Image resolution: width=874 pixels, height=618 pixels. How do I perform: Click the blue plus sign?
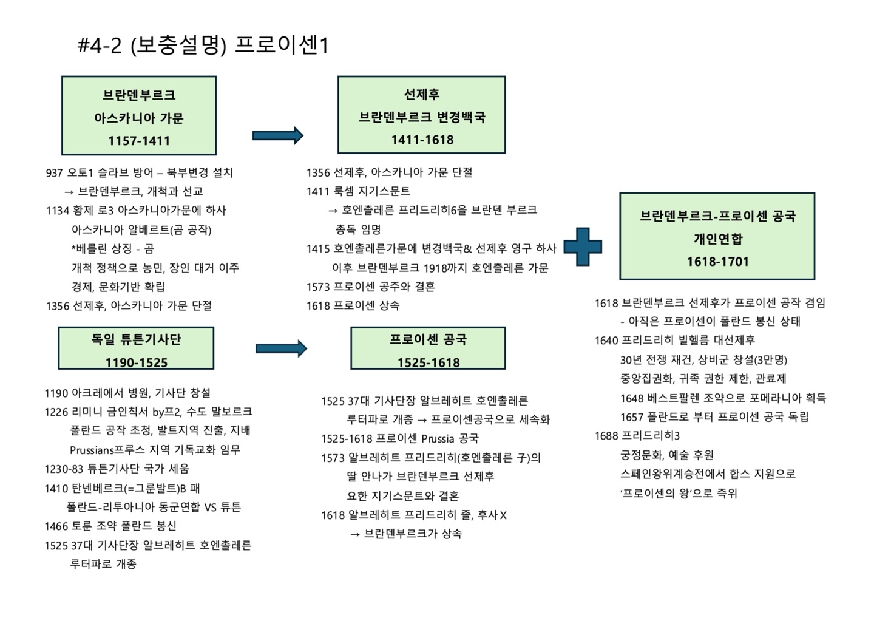(x=583, y=247)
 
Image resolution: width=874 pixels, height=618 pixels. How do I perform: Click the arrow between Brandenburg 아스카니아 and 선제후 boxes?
(x=277, y=135)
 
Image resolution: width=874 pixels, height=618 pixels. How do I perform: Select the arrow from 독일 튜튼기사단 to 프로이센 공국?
(x=281, y=348)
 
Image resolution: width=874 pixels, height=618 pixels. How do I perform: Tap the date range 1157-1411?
(x=139, y=141)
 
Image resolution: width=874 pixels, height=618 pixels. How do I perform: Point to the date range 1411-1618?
(x=422, y=140)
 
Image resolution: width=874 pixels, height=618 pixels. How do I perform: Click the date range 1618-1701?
(x=717, y=262)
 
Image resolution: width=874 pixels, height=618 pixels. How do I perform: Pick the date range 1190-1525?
(x=136, y=362)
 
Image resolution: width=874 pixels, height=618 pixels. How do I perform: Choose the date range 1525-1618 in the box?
(x=429, y=362)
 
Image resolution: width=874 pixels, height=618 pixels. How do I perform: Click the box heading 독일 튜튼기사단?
(x=136, y=340)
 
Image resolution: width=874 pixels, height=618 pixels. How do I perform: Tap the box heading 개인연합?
(x=717, y=239)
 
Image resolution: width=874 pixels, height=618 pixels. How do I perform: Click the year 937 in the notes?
(x=54, y=173)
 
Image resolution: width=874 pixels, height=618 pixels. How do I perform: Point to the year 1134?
(x=57, y=211)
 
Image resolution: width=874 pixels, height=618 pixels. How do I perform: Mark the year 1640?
(x=606, y=341)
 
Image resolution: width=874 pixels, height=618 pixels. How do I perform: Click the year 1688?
(x=606, y=436)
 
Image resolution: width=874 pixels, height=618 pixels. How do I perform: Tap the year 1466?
(x=56, y=526)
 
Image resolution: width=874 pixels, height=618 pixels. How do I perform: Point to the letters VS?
(x=211, y=508)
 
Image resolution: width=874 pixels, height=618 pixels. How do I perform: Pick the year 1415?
(x=318, y=248)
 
